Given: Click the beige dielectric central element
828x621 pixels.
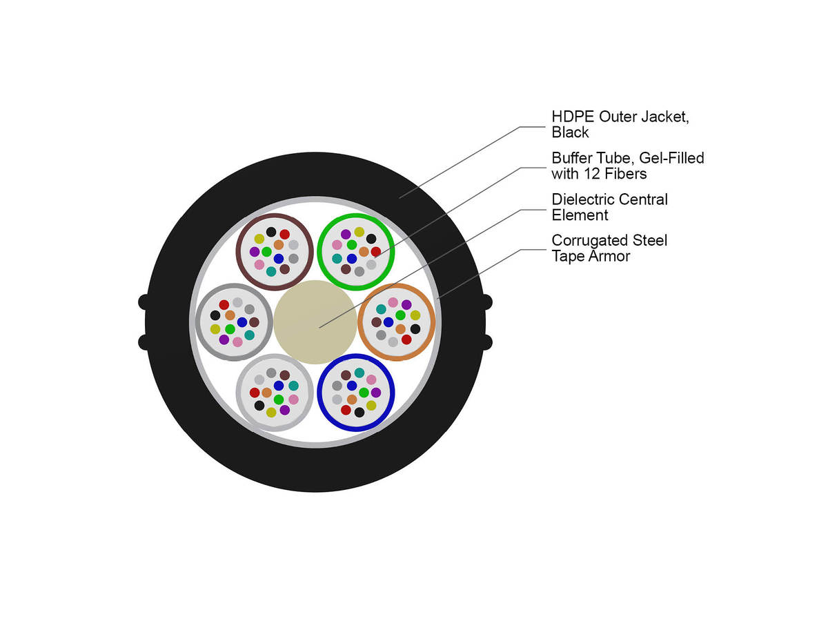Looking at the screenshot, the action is click(x=315, y=322).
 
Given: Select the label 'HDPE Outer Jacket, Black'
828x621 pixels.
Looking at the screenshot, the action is click(x=620, y=124).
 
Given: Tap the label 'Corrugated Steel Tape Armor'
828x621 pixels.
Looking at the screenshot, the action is click(x=609, y=248).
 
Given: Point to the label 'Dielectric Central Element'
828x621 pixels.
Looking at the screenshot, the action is click(x=609, y=207).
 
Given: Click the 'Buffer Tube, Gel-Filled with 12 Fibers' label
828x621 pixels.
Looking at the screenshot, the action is click(x=628, y=166).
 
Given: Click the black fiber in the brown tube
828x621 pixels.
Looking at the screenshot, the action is click(x=271, y=232).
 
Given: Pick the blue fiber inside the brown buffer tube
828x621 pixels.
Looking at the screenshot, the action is click(x=278, y=259).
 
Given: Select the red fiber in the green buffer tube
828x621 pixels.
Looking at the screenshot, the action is click(x=376, y=251).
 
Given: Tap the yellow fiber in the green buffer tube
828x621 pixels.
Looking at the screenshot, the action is click(x=359, y=232).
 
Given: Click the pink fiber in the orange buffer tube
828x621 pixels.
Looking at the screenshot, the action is click(x=393, y=302).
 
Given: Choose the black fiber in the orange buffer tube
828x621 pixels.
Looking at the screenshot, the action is click(x=415, y=329).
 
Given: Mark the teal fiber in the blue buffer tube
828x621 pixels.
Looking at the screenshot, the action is click(x=359, y=373).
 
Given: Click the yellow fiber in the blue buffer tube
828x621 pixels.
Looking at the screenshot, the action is click(x=371, y=405).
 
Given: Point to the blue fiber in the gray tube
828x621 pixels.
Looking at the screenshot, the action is click(x=241, y=322).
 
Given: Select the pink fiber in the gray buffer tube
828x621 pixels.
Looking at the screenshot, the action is click(x=237, y=342).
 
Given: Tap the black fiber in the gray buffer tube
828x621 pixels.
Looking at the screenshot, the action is click(x=215, y=315).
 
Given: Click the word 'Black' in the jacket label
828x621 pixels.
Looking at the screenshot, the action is click(x=570, y=132).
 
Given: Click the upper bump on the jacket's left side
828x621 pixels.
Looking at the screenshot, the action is click(x=144, y=302).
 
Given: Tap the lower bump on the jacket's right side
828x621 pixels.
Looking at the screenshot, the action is click(x=487, y=342).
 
